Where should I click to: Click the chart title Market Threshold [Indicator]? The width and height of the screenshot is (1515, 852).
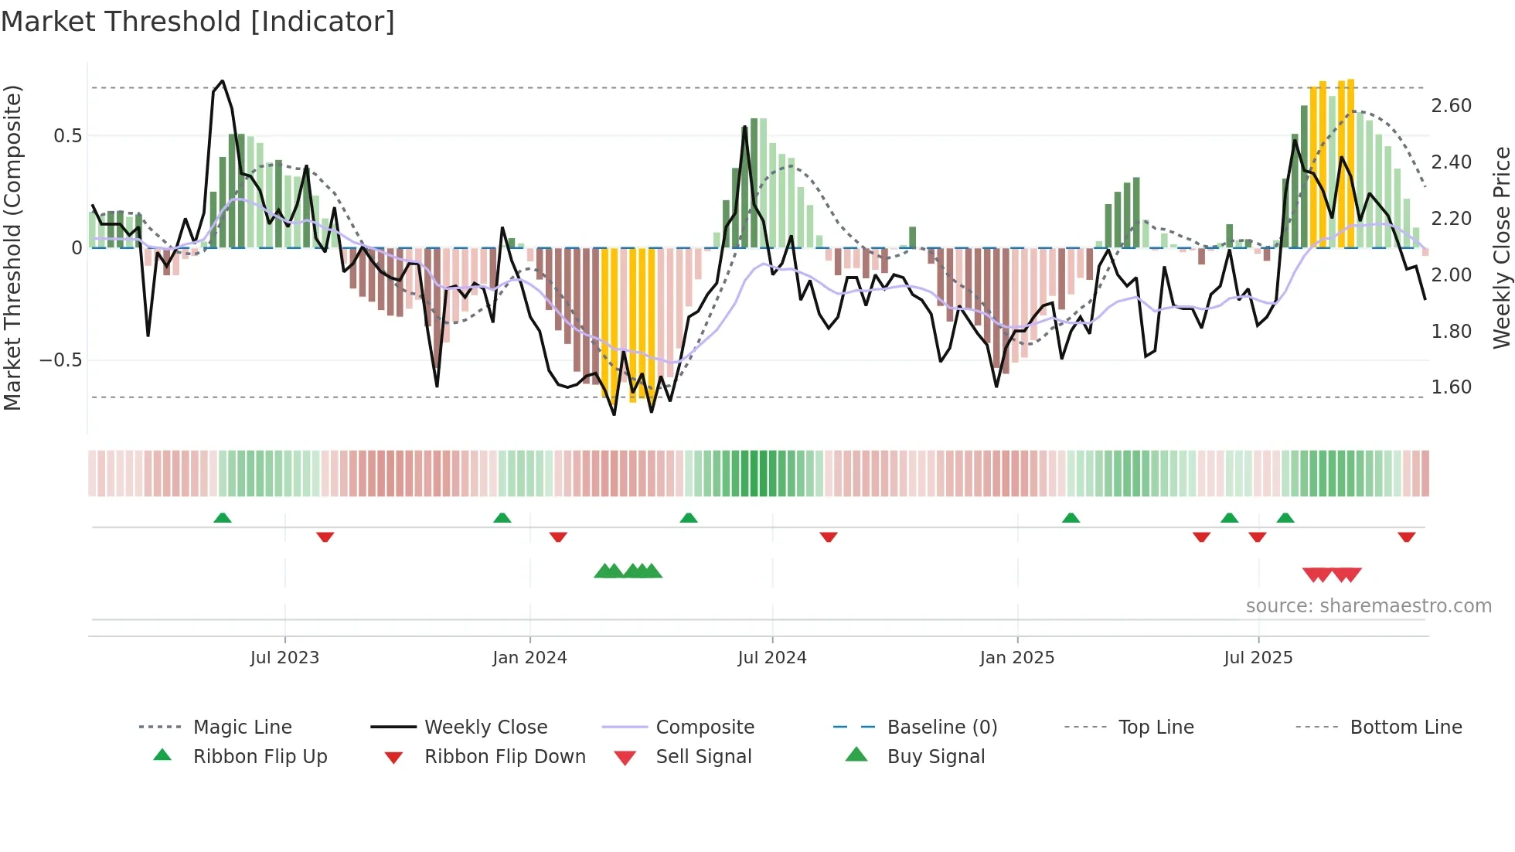(x=198, y=22)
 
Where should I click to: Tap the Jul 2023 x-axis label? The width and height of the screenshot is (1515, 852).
(x=284, y=658)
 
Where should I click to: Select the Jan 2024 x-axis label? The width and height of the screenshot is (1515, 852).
(x=529, y=658)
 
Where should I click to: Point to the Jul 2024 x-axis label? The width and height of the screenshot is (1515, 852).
(x=771, y=658)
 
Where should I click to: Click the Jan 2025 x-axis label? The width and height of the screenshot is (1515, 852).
(x=1016, y=658)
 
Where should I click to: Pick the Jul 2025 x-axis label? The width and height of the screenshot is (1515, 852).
(x=1258, y=658)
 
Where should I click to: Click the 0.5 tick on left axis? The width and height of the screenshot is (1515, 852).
(x=67, y=136)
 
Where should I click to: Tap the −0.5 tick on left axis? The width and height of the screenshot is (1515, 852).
(x=60, y=360)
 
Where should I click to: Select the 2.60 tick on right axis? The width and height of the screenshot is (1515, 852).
(x=1451, y=106)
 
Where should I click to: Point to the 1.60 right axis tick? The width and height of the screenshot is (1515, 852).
(x=1451, y=387)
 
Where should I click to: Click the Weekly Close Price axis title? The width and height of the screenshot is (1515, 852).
(x=1501, y=247)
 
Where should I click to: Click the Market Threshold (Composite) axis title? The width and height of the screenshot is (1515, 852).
(x=12, y=247)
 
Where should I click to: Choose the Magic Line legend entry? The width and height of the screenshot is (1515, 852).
(x=242, y=728)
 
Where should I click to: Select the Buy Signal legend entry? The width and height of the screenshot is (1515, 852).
(x=935, y=757)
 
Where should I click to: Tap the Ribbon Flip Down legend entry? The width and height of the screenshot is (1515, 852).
(x=504, y=757)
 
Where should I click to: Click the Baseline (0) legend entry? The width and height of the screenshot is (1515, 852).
(x=941, y=728)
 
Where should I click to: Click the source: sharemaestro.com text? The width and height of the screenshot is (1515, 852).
(x=1368, y=606)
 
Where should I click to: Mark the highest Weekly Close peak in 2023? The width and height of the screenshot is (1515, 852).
(x=223, y=81)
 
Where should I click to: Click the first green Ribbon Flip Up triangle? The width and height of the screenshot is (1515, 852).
(x=223, y=518)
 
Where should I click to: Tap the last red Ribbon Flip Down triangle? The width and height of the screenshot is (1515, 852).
(x=1406, y=537)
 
